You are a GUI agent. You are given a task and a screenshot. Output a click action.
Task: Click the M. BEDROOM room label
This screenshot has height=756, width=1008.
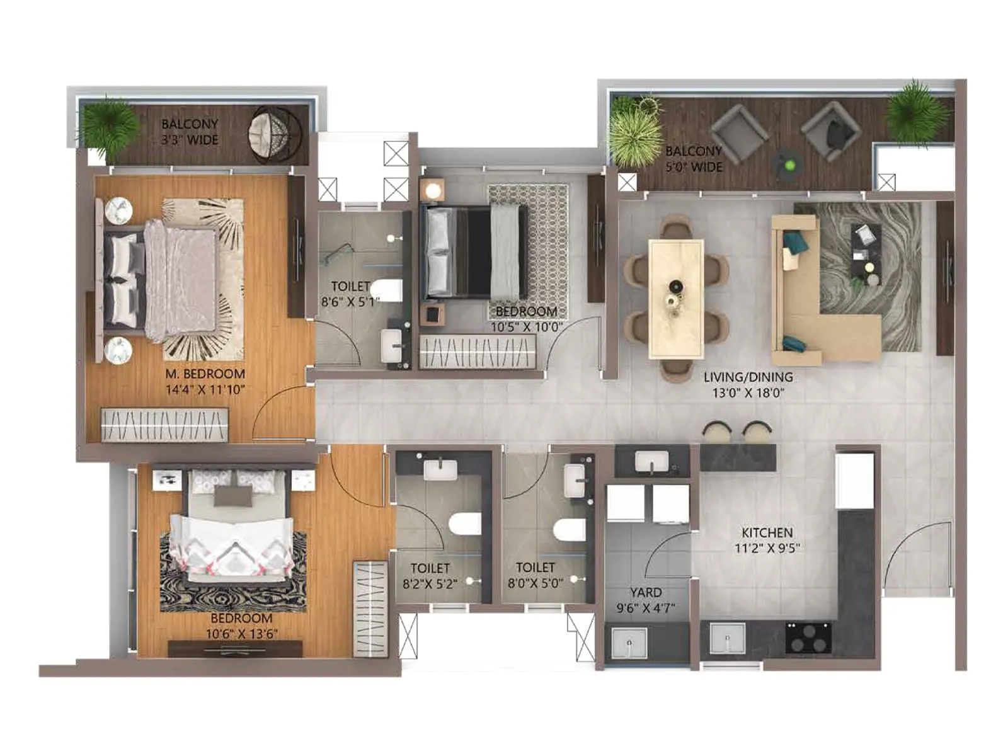(x=205, y=374)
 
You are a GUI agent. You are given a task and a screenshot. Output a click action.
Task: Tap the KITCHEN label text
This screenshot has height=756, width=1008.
(x=767, y=532)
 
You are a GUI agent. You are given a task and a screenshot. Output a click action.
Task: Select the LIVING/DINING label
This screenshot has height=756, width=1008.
(x=748, y=377)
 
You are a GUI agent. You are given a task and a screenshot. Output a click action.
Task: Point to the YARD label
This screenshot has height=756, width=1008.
(x=646, y=593)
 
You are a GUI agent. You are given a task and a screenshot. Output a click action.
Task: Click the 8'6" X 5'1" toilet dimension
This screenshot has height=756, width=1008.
(x=350, y=302)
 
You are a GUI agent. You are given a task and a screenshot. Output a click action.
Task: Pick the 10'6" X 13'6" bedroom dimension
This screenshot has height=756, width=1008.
(x=241, y=634)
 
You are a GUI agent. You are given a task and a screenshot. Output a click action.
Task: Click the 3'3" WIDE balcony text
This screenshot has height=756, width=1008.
(x=190, y=140)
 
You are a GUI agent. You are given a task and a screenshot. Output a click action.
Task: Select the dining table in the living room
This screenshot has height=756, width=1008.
(x=676, y=298)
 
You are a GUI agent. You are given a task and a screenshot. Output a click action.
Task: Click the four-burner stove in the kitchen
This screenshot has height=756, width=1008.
(x=808, y=637)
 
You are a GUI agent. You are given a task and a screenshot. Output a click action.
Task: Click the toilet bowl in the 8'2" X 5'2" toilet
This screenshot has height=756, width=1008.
(x=465, y=524)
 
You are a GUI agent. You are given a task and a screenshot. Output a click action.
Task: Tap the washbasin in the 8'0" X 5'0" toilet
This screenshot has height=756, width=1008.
(x=575, y=481)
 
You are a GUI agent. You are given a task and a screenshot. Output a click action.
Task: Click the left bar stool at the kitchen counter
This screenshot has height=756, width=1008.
(x=717, y=432)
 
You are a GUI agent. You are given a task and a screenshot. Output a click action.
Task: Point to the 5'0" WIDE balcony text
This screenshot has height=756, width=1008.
(x=694, y=167)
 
